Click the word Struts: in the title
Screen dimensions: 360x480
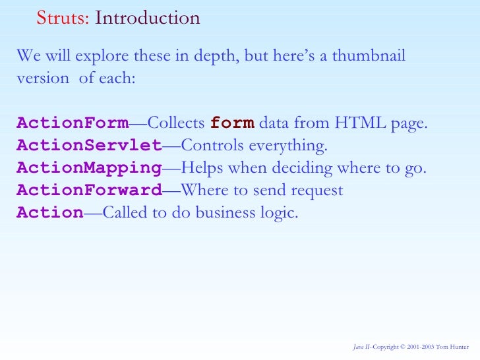(63, 18)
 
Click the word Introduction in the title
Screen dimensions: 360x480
(147, 18)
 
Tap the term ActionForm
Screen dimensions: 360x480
(73, 123)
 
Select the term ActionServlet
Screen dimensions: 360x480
(89, 145)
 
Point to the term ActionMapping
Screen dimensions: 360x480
(89, 168)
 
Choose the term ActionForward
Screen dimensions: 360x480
(89, 191)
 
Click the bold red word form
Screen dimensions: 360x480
(232, 123)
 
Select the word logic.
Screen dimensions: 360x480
(274, 214)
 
